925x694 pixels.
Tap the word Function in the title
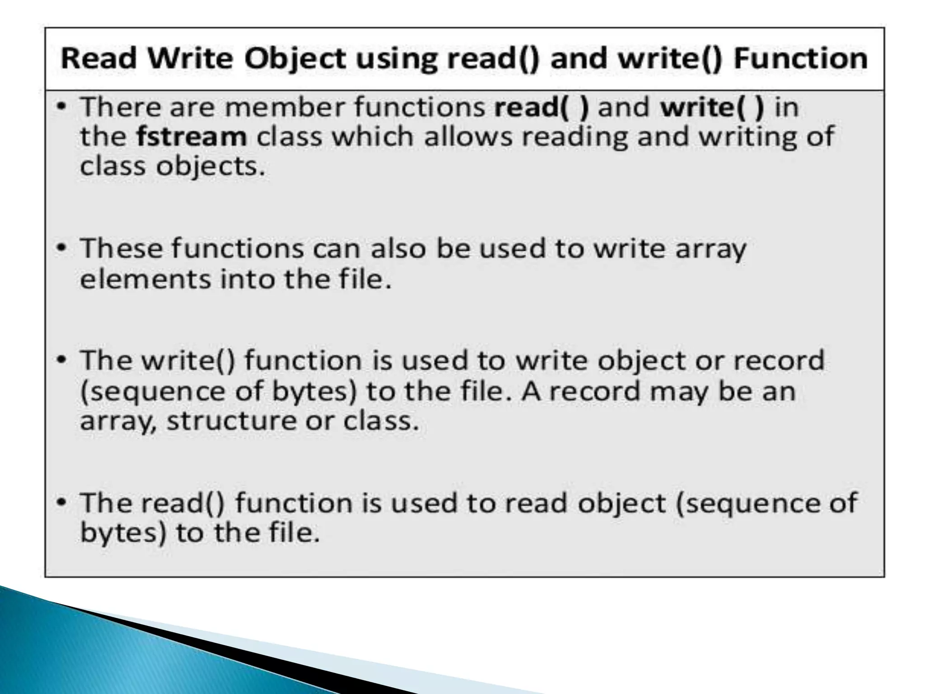(x=800, y=59)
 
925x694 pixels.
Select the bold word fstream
(x=192, y=136)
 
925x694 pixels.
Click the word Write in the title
(x=191, y=59)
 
